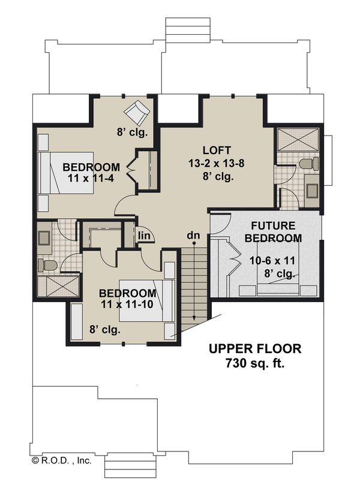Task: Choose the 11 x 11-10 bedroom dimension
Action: pyautogui.click(x=127, y=305)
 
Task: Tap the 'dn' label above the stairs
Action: pyautogui.click(x=193, y=236)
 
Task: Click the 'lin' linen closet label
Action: pyautogui.click(x=144, y=235)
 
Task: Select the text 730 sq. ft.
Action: pyautogui.click(x=254, y=363)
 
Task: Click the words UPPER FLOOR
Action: pyautogui.click(x=254, y=349)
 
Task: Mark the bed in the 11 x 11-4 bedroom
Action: pyautogui.click(x=66, y=172)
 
